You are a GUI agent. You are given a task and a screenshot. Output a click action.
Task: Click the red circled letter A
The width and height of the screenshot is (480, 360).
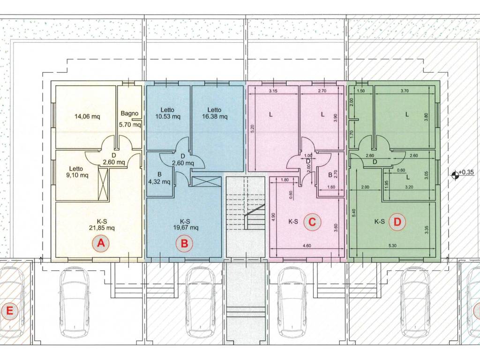[x=101, y=243]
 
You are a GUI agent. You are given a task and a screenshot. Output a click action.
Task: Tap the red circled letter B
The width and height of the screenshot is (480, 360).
[x=184, y=244]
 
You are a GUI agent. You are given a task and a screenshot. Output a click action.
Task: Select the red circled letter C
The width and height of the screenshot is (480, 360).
[x=312, y=222]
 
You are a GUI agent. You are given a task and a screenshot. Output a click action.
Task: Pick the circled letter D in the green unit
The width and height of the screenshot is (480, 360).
[x=397, y=222]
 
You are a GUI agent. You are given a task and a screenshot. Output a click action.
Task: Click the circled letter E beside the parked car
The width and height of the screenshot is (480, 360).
[x=9, y=311]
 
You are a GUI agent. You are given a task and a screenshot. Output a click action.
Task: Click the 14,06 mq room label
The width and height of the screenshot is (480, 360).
[x=87, y=116]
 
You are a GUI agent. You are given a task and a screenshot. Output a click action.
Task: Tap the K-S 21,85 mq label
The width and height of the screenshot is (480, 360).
[x=102, y=225]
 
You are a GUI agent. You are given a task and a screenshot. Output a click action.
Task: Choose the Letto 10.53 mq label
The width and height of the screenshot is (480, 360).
[x=168, y=113]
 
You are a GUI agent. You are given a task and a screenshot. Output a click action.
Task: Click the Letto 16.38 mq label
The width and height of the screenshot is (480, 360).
[x=215, y=113]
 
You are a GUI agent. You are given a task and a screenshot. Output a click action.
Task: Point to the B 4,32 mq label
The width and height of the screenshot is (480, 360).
[x=159, y=178]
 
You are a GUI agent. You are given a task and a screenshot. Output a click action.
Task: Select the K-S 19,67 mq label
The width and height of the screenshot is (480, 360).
[x=185, y=225]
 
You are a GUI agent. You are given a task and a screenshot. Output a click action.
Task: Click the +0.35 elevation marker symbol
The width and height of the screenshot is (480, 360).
[x=455, y=174]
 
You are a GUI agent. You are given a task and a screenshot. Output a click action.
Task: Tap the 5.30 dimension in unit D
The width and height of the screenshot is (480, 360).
[x=393, y=246]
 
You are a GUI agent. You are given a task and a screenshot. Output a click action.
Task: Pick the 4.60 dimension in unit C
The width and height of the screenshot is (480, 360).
[x=307, y=246]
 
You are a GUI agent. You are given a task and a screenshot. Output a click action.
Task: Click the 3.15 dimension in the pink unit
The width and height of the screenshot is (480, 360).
[x=273, y=91]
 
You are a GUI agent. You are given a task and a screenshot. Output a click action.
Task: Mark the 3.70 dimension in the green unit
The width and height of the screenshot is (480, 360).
[x=405, y=91]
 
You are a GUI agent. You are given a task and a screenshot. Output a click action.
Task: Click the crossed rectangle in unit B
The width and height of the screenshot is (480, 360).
[x=206, y=181]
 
